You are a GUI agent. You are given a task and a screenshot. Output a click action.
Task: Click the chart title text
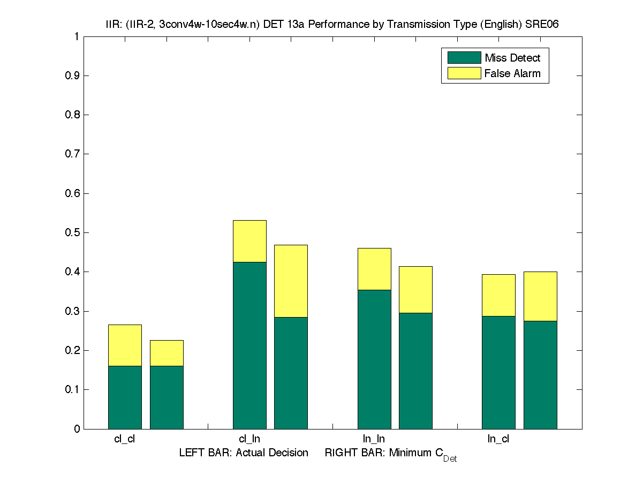(x=332, y=24)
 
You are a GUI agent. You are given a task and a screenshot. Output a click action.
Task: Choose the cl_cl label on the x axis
(x=125, y=439)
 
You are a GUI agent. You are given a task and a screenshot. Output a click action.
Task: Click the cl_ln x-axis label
(x=249, y=439)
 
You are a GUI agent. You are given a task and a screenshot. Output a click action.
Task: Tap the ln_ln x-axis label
(x=374, y=439)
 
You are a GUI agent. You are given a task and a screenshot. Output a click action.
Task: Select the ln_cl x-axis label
(x=498, y=439)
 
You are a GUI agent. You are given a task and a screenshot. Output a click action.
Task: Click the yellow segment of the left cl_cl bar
(x=125, y=345)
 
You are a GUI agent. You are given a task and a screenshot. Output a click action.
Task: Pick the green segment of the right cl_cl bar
(x=167, y=397)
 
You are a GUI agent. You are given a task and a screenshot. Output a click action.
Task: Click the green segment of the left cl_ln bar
(x=249, y=345)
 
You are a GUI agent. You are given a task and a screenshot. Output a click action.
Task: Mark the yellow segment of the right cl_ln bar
(x=291, y=281)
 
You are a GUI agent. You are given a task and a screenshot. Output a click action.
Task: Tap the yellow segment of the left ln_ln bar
(x=374, y=269)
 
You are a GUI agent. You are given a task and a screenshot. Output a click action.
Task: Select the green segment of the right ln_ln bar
(x=415, y=371)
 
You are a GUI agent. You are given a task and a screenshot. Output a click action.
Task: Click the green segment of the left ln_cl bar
(x=498, y=372)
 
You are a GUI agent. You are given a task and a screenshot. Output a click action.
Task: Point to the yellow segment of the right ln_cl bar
(x=540, y=296)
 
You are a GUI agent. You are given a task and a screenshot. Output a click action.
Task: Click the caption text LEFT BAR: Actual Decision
(x=244, y=453)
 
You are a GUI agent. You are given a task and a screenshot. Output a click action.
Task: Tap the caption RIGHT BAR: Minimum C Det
(x=391, y=454)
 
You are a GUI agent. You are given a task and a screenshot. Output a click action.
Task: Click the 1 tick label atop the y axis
(x=77, y=37)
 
